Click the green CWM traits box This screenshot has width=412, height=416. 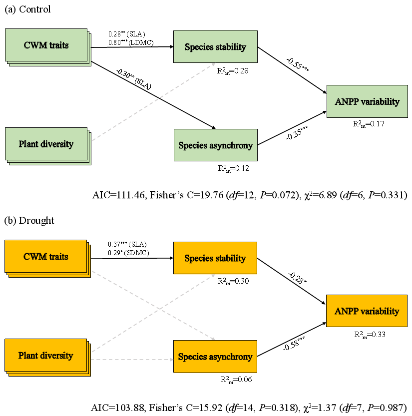46,45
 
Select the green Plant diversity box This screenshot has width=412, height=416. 46,144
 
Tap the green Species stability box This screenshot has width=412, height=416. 215,47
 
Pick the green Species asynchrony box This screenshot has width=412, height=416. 215,145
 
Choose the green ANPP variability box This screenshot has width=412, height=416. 367,101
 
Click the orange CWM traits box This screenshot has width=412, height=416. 46,257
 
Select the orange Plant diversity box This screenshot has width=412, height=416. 46,356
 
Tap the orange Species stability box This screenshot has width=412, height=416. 215,258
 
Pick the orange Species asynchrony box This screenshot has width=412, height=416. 215,357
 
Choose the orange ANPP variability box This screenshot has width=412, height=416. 367,311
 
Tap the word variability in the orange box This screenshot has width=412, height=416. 378,311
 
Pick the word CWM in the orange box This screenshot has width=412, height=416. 33,257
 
